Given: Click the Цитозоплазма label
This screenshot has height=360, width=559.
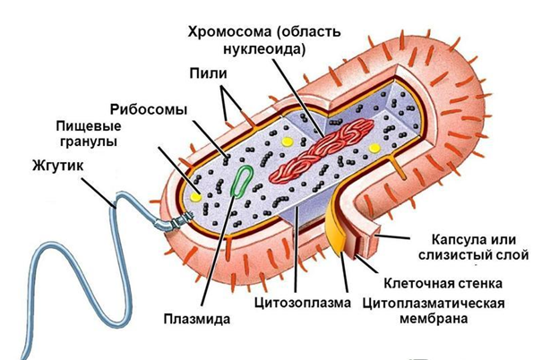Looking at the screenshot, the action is pos(302,302).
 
